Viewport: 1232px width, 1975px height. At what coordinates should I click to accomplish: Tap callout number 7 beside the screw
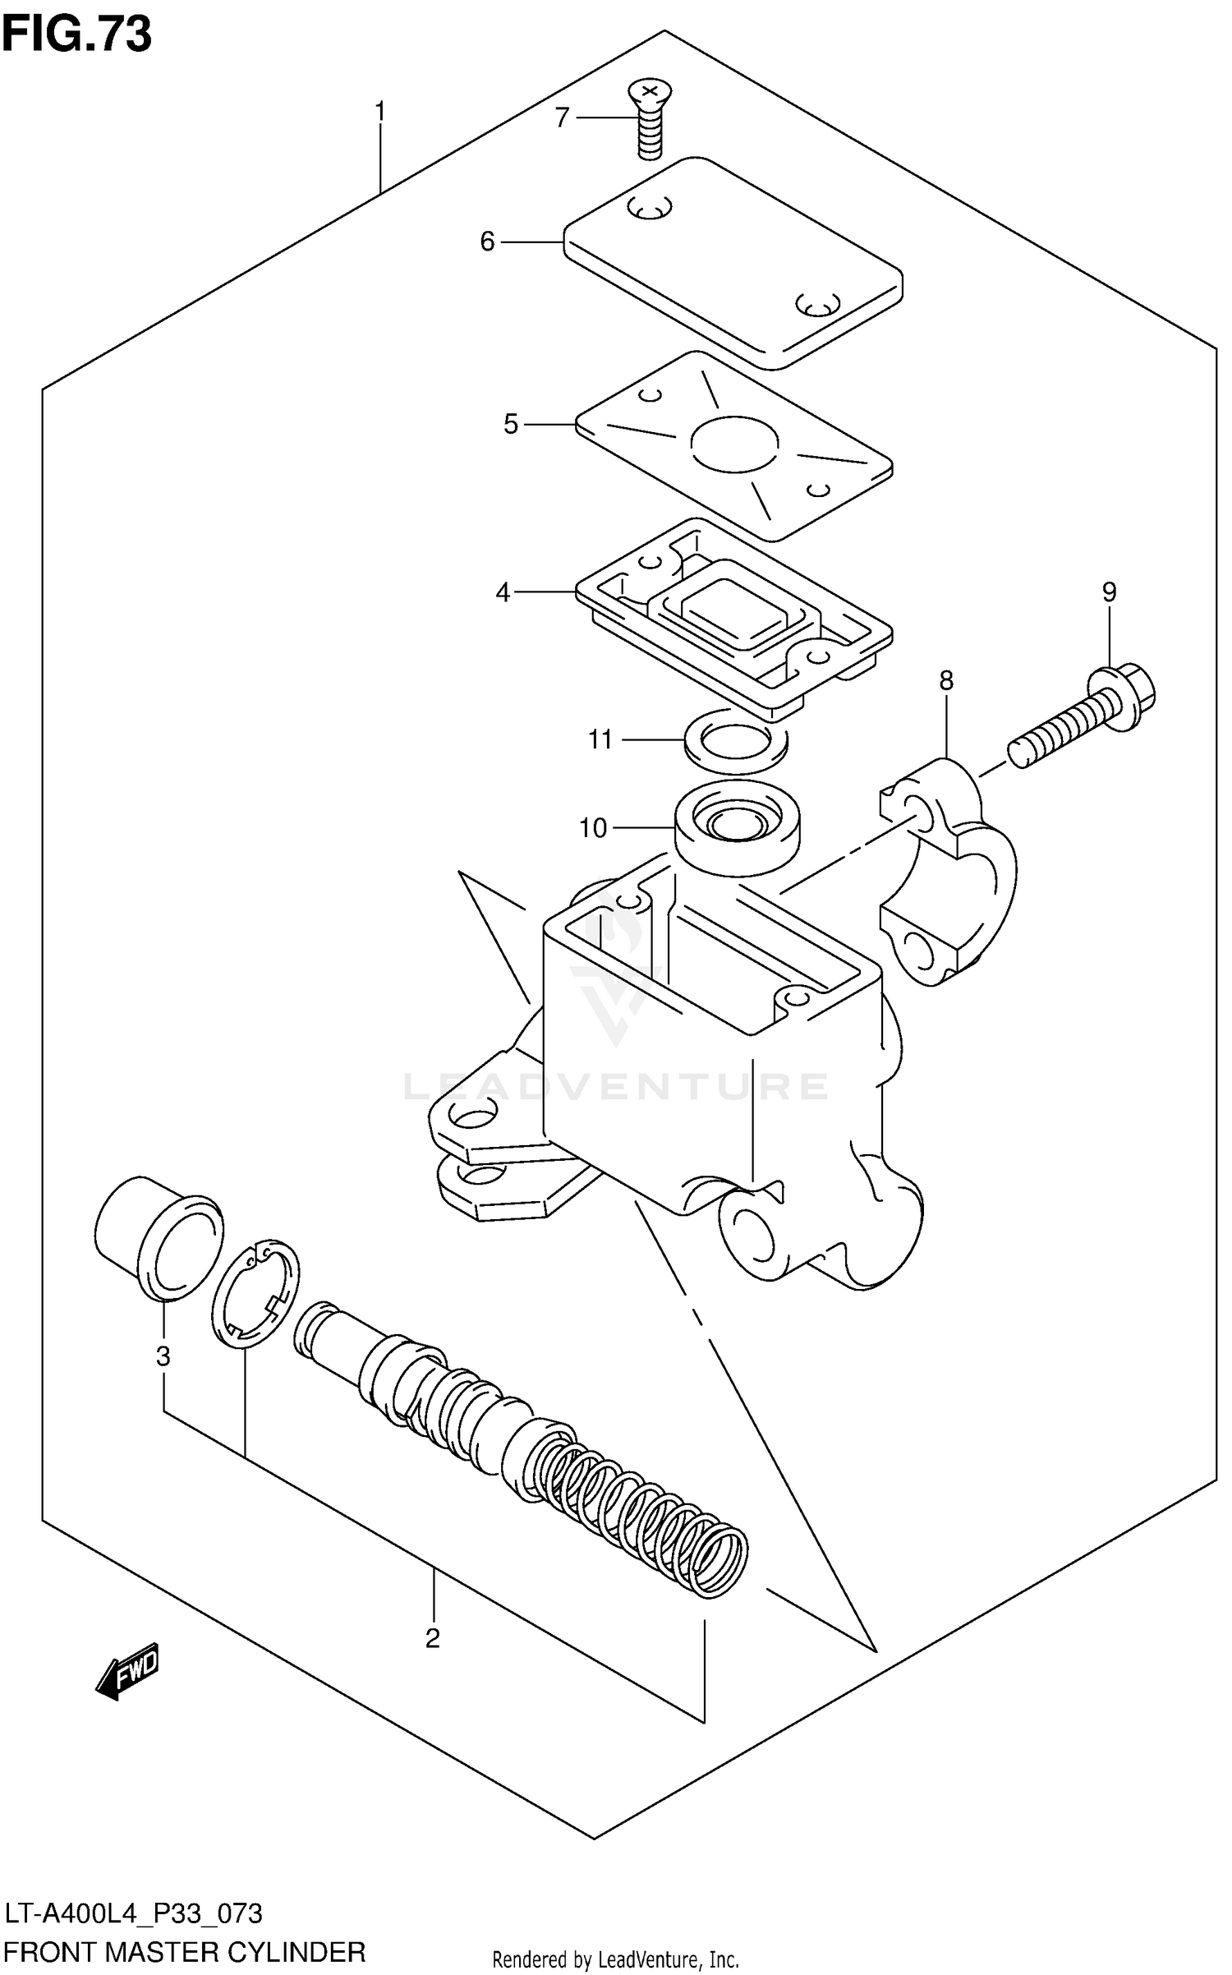click(x=562, y=118)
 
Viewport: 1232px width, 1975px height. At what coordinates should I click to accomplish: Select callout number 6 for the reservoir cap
click(x=488, y=242)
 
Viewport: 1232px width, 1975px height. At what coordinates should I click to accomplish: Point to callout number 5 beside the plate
click(x=511, y=425)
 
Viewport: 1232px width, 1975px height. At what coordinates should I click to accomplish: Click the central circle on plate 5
click(x=734, y=444)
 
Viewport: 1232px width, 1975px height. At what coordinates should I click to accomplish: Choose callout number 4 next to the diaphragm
click(x=503, y=592)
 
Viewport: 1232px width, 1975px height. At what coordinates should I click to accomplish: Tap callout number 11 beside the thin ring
click(x=600, y=740)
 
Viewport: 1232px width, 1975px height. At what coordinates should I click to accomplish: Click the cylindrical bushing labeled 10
click(x=737, y=830)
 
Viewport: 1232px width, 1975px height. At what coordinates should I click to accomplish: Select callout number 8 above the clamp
click(x=946, y=681)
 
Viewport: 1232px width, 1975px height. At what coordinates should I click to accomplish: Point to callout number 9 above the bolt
click(x=1110, y=592)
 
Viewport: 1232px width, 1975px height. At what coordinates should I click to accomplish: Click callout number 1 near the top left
click(x=380, y=112)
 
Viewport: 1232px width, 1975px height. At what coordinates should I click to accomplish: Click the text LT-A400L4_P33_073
click(x=135, y=1914)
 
